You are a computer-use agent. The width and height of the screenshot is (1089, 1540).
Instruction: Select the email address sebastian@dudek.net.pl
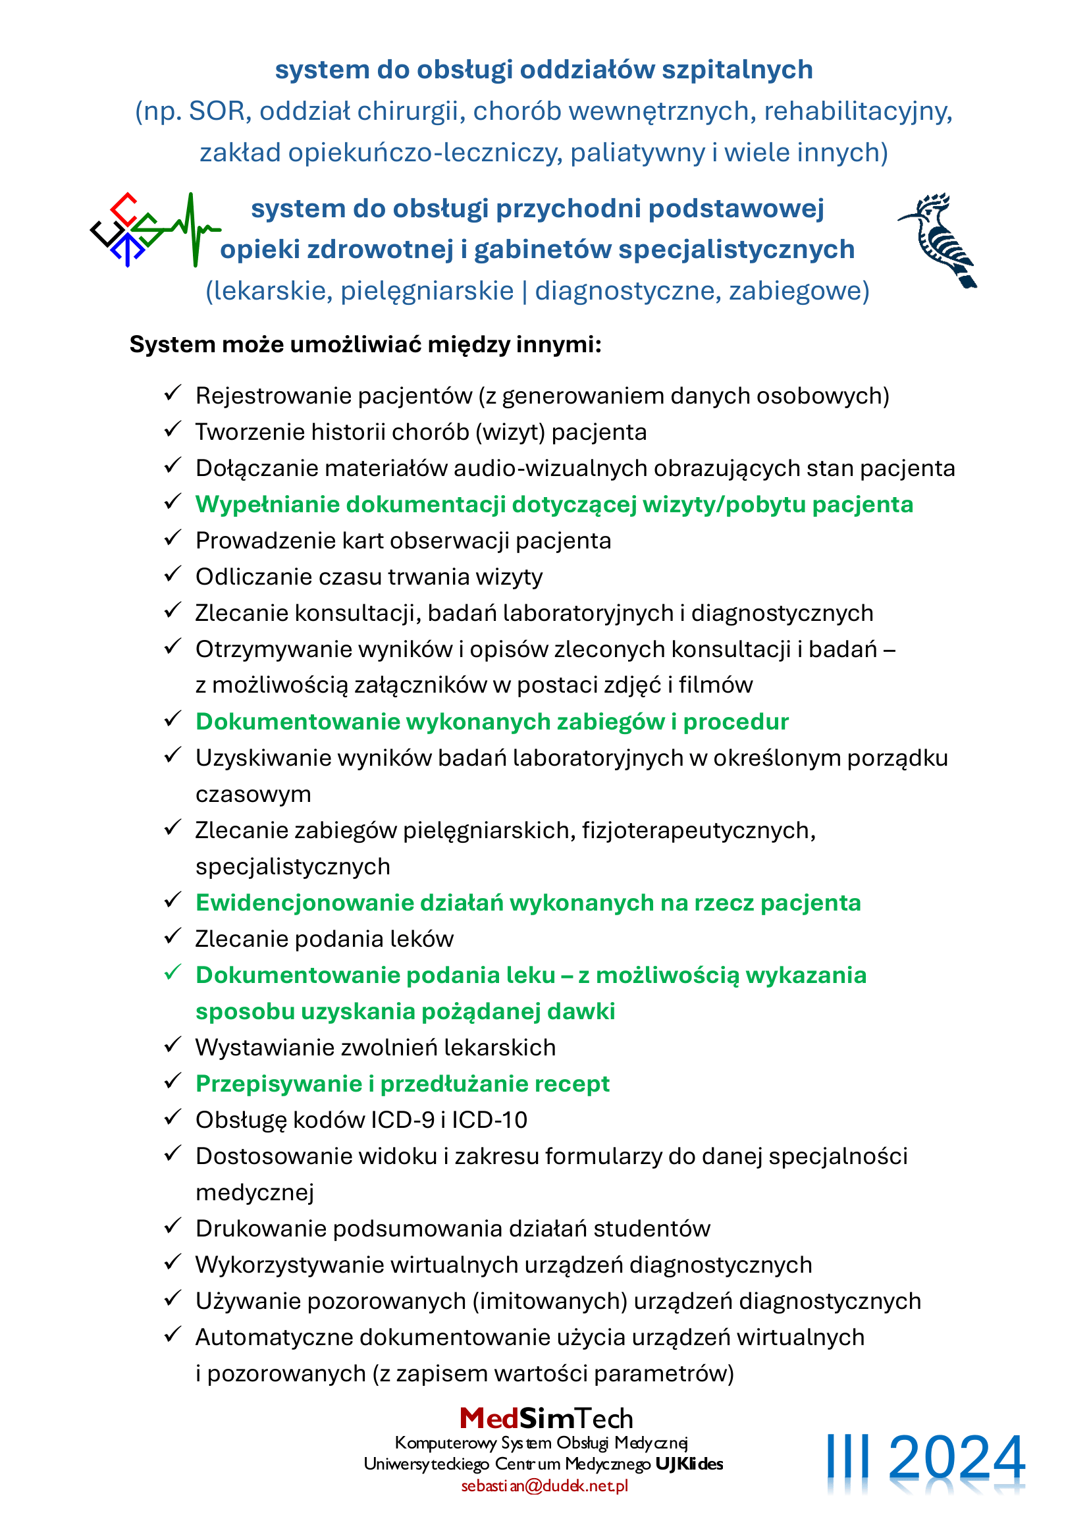point(544,1485)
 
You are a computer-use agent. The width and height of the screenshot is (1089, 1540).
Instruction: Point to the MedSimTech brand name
point(546,1419)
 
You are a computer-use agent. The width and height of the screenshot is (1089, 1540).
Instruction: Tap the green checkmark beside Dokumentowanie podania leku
point(173,972)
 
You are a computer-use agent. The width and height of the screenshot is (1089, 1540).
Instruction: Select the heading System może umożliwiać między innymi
point(365,345)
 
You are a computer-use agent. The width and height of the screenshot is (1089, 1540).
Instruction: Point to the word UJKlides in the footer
point(689,1464)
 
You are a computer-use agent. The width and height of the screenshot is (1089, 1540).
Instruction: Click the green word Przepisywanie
point(279,1083)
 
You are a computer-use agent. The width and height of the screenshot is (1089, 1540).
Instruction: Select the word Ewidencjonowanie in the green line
point(304,903)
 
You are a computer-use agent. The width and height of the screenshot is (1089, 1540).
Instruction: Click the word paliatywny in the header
point(637,153)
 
